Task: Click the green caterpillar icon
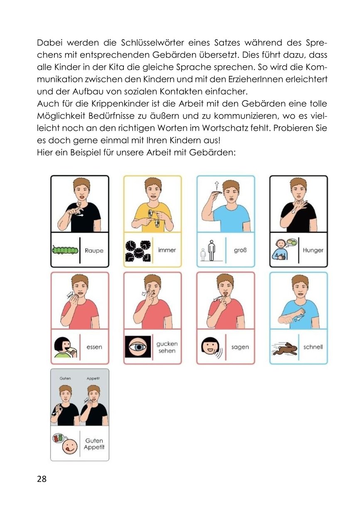pos(65,250)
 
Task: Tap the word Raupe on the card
pos(94,250)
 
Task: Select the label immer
pos(167,250)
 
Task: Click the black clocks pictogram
pos(138,251)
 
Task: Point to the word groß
pos(240,250)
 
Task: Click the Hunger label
pos(313,250)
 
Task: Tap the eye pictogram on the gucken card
pos(138,347)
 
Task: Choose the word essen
pos(94,347)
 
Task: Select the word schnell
pos(313,347)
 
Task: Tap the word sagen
pos(240,347)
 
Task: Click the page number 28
pos(42,479)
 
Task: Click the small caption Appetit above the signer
pos(93,378)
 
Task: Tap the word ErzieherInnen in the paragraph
pos(263,79)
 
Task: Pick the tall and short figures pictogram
pos(210,250)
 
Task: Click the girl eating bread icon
pos(65,348)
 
